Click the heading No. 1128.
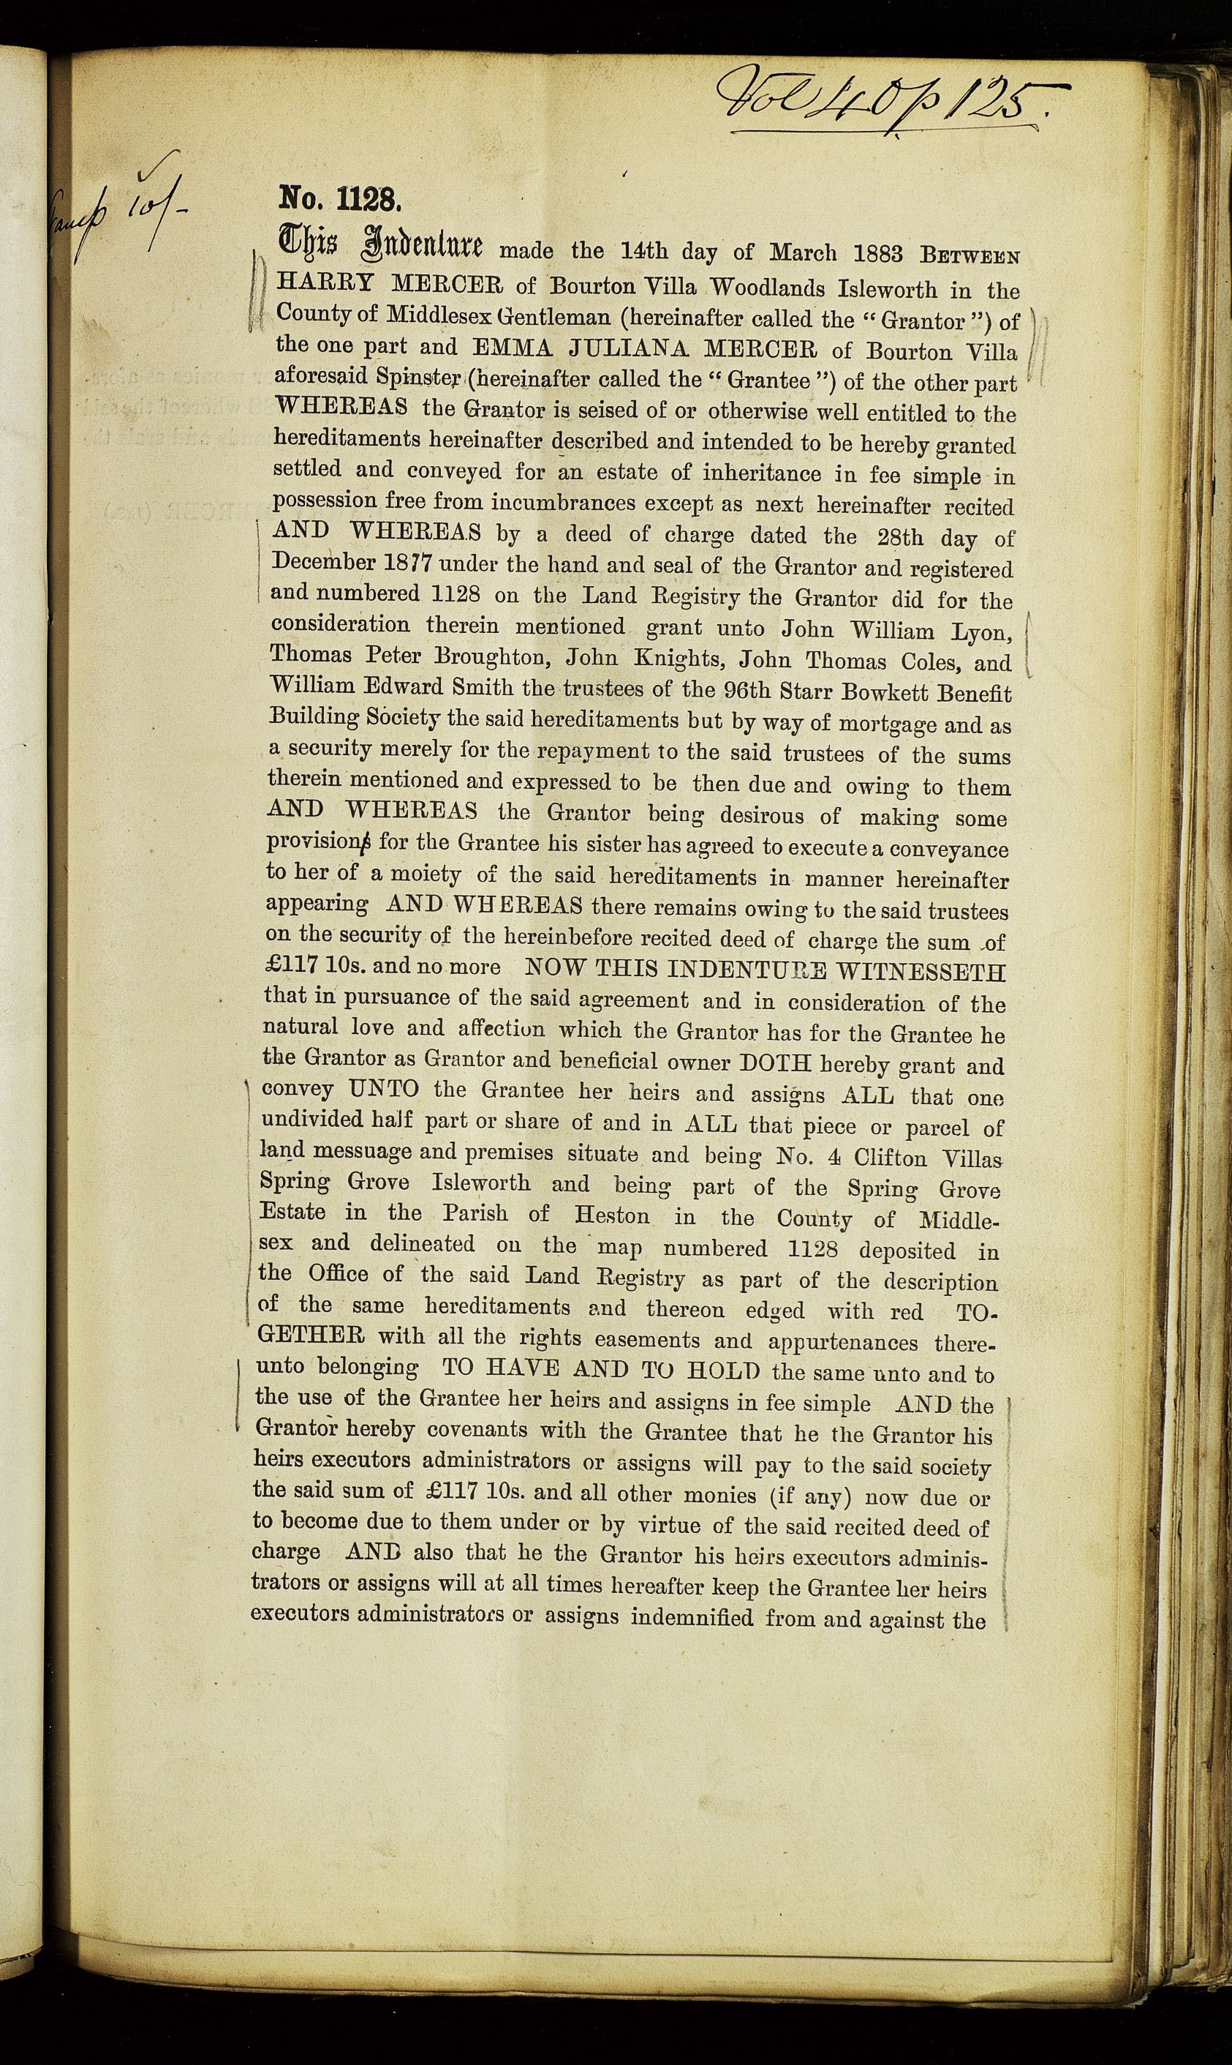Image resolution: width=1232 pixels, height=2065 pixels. (x=341, y=200)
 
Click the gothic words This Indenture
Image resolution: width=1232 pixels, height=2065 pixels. (x=384, y=247)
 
